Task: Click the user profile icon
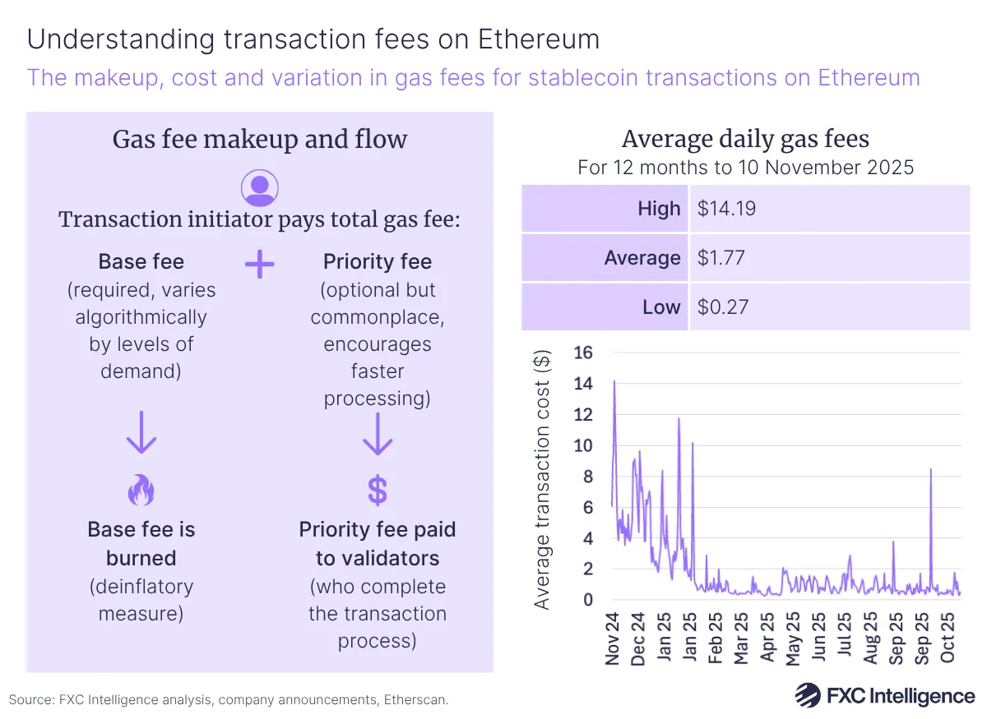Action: [260, 187]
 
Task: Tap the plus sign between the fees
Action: [260, 265]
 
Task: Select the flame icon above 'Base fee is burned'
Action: [141, 491]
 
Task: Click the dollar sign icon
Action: [377, 491]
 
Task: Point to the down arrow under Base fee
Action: [141, 435]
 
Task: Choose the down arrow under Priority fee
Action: [377, 435]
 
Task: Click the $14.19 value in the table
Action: [726, 209]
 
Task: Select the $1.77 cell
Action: [721, 258]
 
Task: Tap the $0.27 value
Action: [721, 307]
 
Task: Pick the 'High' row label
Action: [659, 209]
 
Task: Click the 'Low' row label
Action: [662, 307]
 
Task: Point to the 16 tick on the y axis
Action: [583, 353]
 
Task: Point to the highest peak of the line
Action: [614, 381]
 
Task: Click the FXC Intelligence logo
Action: [884, 696]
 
